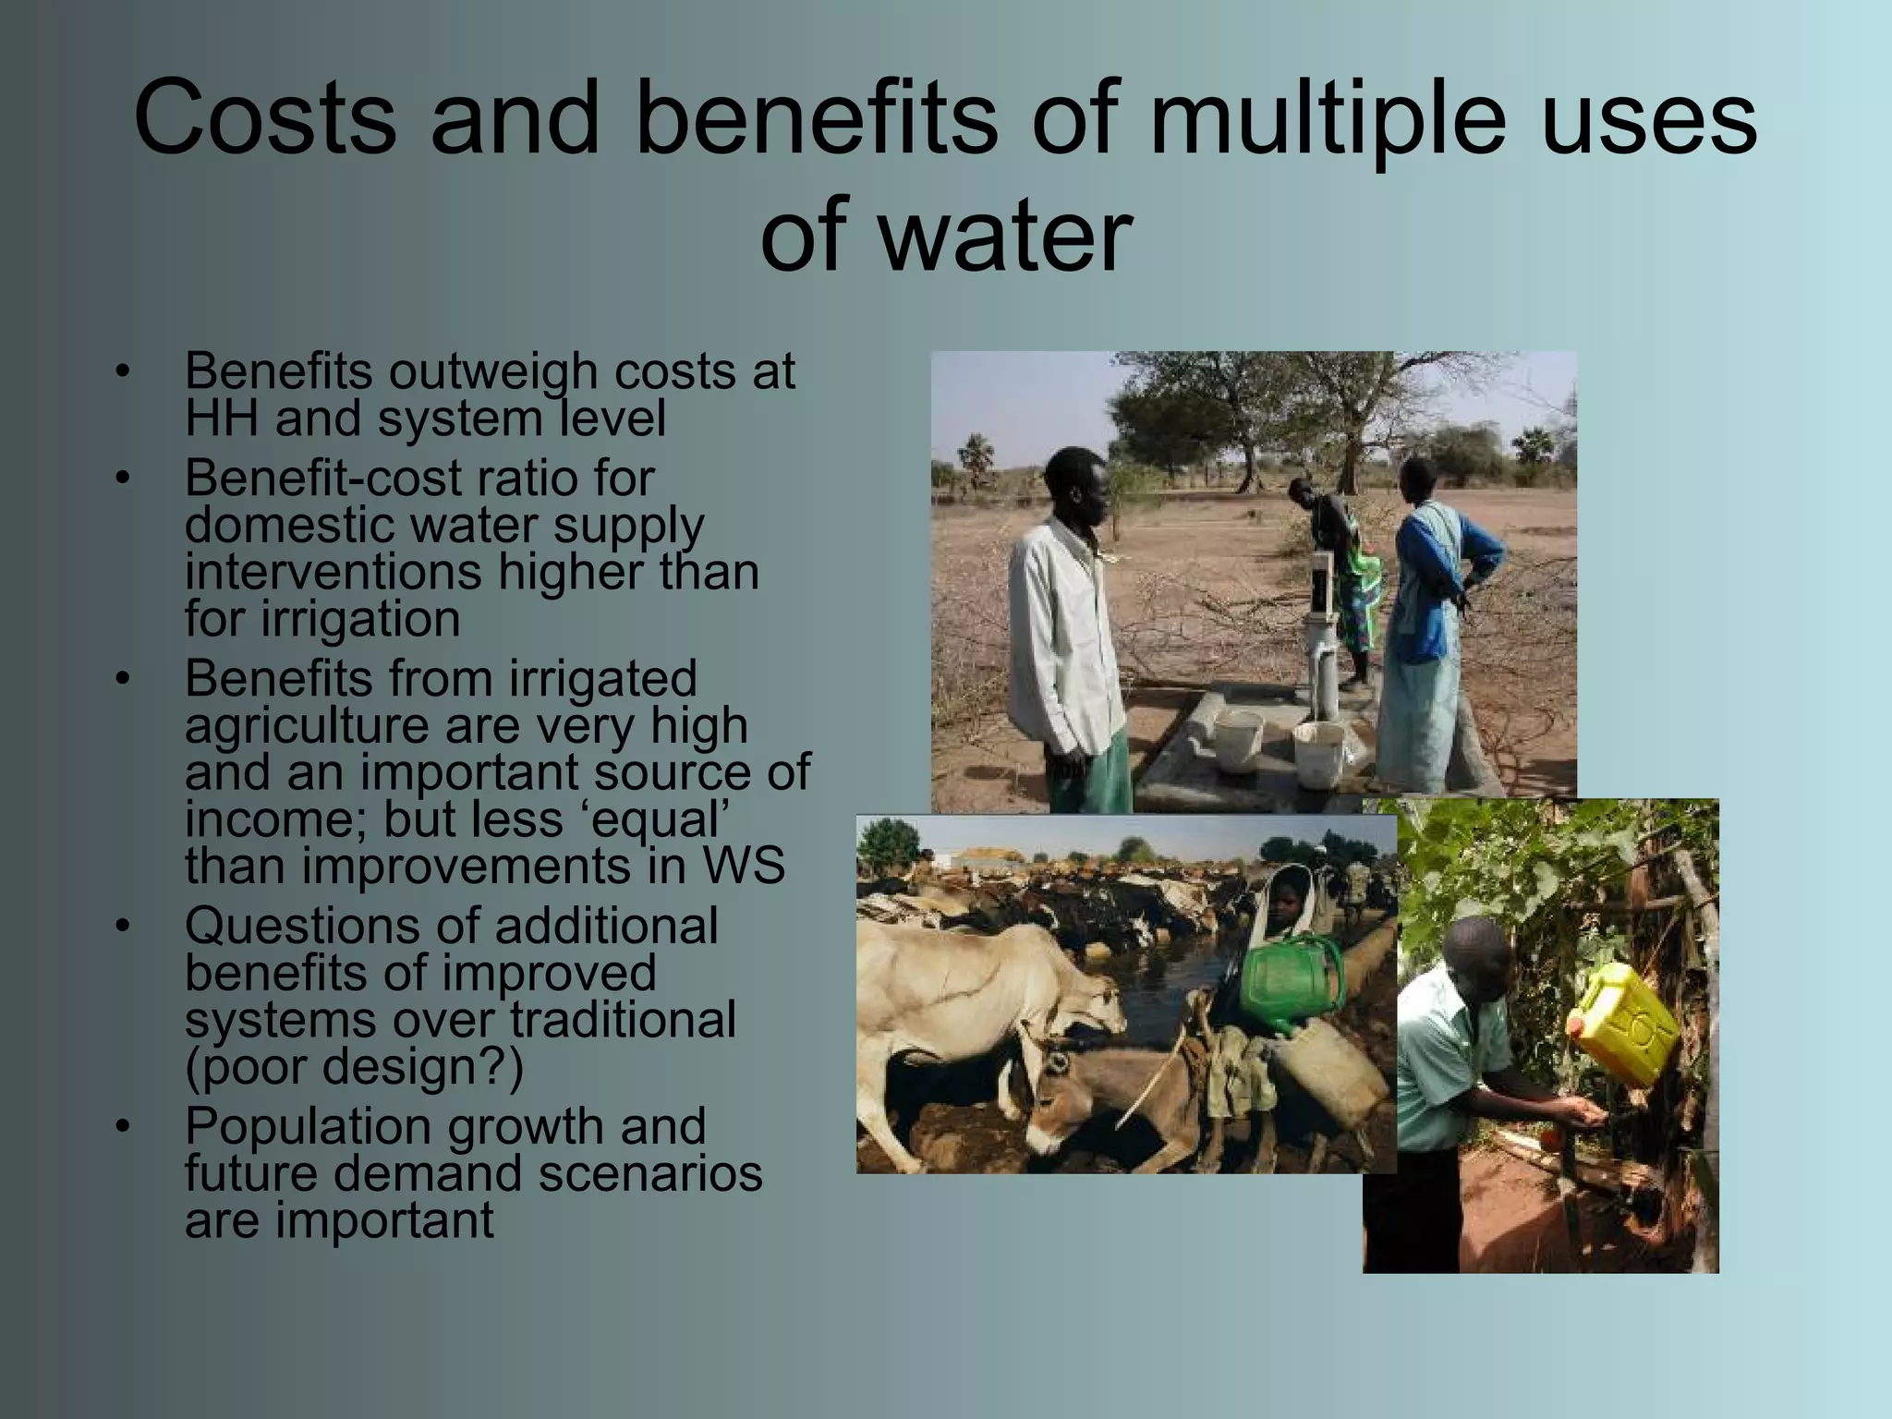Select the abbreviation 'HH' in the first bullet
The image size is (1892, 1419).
tap(221, 418)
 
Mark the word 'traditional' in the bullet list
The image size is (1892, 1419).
tap(624, 1020)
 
